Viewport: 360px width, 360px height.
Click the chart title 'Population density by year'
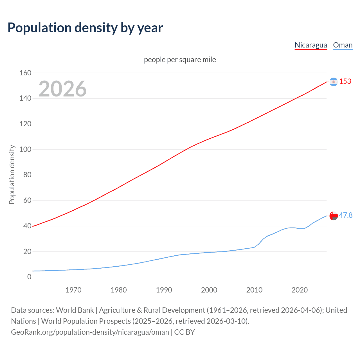click(x=85, y=28)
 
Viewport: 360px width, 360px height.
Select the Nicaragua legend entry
click(x=311, y=45)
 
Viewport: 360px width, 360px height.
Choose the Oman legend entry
click(x=343, y=45)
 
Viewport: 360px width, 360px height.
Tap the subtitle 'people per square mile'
click(x=180, y=60)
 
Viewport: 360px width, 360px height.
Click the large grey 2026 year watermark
click(x=62, y=89)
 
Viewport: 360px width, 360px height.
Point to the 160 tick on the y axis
click(x=25, y=73)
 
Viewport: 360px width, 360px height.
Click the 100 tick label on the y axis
click(x=25, y=149)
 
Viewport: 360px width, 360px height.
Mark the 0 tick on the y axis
click(x=29, y=277)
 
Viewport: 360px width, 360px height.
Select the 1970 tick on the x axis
click(x=73, y=290)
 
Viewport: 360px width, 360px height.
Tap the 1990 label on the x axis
click(x=164, y=290)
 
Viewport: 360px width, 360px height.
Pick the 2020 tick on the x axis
click(x=300, y=290)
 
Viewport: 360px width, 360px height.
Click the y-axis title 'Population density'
click(x=12, y=174)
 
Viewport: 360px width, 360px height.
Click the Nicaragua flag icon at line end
click(x=334, y=82)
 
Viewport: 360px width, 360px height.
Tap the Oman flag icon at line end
click(x=334, y=216)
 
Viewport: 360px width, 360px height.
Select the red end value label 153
click(x=345, y=81)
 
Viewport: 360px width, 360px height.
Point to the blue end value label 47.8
click(x=346, y=215)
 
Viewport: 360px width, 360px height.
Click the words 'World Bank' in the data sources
click(x=75, y=310)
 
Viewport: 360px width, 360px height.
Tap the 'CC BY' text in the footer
click(x=184, y=332)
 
